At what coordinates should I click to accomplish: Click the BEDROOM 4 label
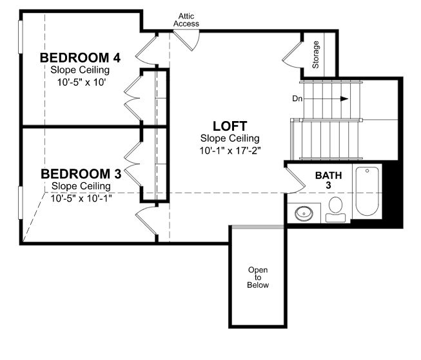click(81, 58)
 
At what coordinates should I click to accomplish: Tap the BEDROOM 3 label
click(81, 174)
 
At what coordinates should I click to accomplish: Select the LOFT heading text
click(230, 126)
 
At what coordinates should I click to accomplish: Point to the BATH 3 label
click(328, 180)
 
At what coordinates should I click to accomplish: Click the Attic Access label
click(186, 20)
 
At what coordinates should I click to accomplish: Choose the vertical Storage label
click(315, 55)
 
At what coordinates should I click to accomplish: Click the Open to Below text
click(258, 278)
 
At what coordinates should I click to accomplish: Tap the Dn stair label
click(297, 99)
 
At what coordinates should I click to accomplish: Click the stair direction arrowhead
click(344, 99)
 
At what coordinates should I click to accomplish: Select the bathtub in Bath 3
click(367, 191)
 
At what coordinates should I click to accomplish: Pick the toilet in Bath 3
click(335, 209)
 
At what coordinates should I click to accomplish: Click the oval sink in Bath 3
click(304, 213)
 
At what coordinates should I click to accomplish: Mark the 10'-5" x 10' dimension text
click(81, 82)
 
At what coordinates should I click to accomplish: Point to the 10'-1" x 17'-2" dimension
click(230, 151)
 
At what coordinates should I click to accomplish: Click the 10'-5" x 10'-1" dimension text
click(81, 198)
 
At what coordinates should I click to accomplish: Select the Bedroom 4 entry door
click(146, 51)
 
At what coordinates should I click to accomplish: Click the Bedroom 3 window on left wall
click(20, 202)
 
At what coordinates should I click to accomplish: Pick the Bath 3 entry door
click(295, 180)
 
